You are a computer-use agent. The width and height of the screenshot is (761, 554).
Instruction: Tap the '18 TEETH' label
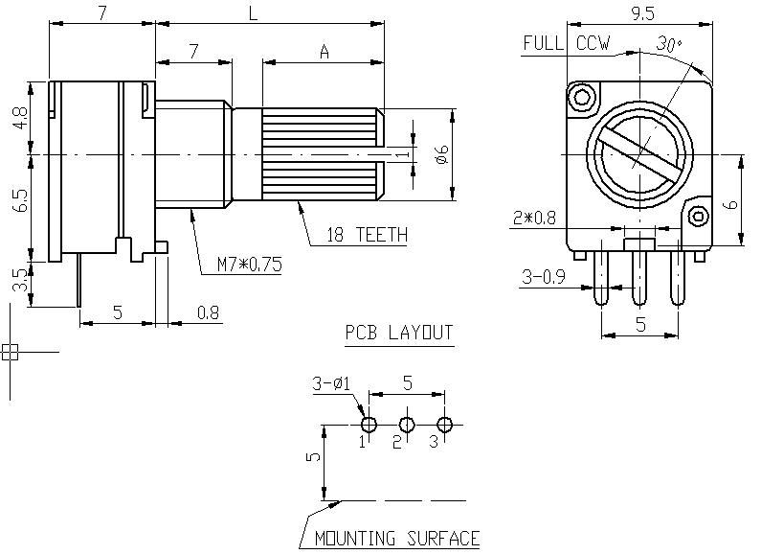coord(367,235)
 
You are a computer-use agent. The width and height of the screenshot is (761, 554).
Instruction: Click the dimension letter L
coord(253,13)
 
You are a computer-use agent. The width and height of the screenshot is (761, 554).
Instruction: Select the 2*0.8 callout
coord(532,219)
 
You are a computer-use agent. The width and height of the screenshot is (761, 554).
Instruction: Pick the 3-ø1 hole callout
coord(332,384)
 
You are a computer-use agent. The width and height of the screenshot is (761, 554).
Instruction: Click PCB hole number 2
coord(407,425)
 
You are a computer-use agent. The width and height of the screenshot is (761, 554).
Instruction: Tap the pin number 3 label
coord(434,442)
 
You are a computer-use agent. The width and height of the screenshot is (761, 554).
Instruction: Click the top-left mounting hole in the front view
coord(580,97)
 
